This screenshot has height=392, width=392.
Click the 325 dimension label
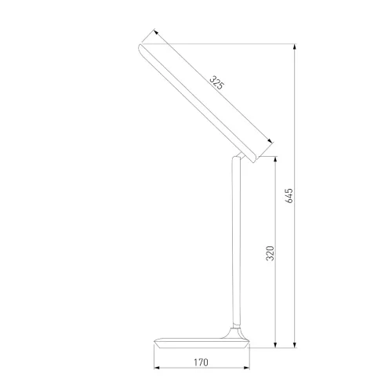point(217,82)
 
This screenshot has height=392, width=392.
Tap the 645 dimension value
point(289,196)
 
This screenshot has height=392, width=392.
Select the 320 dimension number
point(270,253)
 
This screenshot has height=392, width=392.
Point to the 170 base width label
point(201,362)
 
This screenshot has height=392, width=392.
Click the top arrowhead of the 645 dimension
point(295,47)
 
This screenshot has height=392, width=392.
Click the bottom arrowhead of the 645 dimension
point(295,345)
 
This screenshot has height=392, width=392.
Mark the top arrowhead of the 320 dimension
point(275,159)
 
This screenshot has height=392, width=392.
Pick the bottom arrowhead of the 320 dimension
point(275,345)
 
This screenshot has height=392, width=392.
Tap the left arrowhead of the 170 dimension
point(157,368)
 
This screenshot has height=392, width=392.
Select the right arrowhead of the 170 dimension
point(246,368)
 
